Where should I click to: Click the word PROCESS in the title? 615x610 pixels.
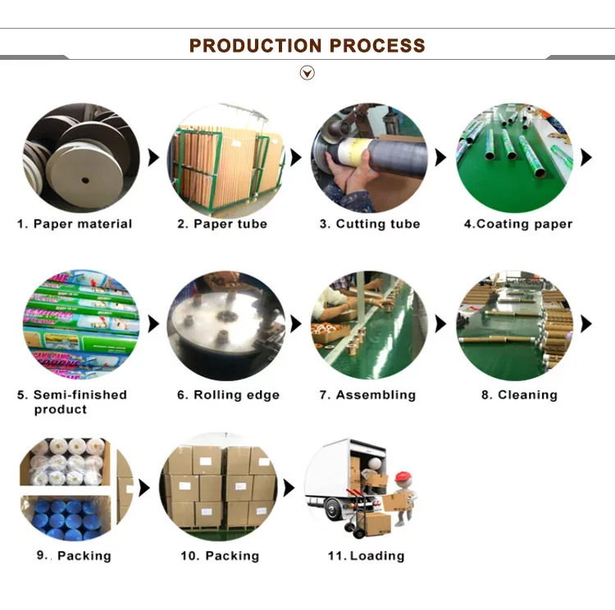pyautogui.click(x=377, y=46)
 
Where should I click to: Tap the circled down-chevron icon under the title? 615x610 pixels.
pyautogui.click(x=307, y=73)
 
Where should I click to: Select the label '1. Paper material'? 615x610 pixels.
pyautogui.click(x=75, y=224)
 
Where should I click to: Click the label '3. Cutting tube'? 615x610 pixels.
pyautogui.click(x=370, y=224)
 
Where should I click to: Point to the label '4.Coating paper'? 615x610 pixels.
pyautogui.click(x=518, y=224)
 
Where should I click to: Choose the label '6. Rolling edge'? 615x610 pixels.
pyautogui.click(x=228, y=395)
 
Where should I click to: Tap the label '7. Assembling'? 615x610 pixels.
pyautogui.click(x=367, y=395)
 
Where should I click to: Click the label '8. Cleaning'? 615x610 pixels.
pyautogui.click(x=519, y=395)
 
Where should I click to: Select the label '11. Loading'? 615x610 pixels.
pyautogui.click(x=367, y=556)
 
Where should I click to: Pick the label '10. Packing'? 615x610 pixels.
pyautogui.click(x=220, y=556)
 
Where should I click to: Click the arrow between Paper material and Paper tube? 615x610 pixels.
pyautogui.click(x=153, y=157)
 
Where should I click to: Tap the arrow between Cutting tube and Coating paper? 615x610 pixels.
pyautogui.click(x=440, y=157)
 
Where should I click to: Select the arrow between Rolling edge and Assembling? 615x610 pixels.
pyautogui.click(x=296, y=324)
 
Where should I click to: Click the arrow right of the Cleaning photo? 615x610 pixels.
pyautogui.click(x=586, y=324)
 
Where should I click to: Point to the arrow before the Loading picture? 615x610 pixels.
pyautogui.click(x=289, y=488)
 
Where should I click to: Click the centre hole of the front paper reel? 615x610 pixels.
pyautogui.click(x=85, y=180)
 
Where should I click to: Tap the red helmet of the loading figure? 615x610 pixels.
pyautogui.click(x=403, y=477)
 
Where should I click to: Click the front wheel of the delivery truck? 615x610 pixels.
pyautogui.click(x=333, y=510)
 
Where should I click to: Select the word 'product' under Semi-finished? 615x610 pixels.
pyautogui.click(x=61, y=410)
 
